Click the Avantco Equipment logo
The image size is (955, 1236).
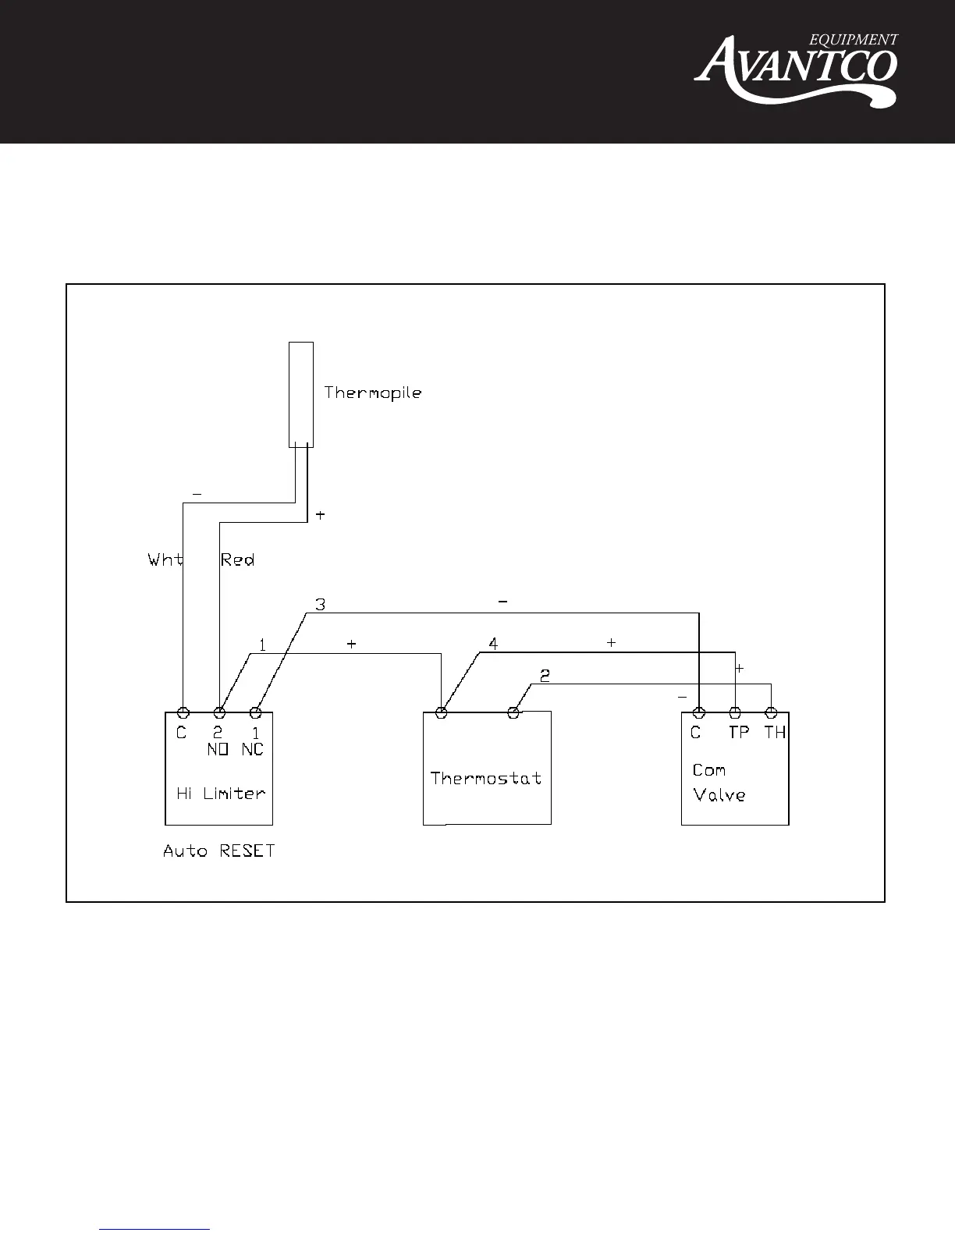point(797,69)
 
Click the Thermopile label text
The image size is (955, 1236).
point(373,392)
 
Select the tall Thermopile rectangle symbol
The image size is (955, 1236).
point(301,394)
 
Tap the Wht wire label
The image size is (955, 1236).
point(165,559)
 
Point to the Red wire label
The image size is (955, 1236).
point(238,559)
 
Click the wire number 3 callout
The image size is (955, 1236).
point(320,605)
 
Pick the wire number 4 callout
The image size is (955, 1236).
point(493,644)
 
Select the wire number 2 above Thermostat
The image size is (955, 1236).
point(545,676)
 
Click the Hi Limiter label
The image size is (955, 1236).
point(221,794)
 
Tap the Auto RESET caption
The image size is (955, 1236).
point(219,851)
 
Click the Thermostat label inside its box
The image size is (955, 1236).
point(486,778)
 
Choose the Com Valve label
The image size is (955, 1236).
point(719,783)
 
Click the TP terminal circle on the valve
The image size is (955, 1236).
point(735,712)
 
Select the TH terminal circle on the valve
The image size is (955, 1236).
point(771,712)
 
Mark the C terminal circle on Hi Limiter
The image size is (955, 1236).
point(183,712)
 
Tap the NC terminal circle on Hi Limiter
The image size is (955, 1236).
point(254,712)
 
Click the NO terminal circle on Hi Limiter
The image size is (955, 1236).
point(220,712)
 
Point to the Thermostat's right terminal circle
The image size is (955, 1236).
point(513,712)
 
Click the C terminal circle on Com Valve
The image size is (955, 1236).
point(699,712)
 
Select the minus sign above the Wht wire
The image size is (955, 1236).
point(197,494)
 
